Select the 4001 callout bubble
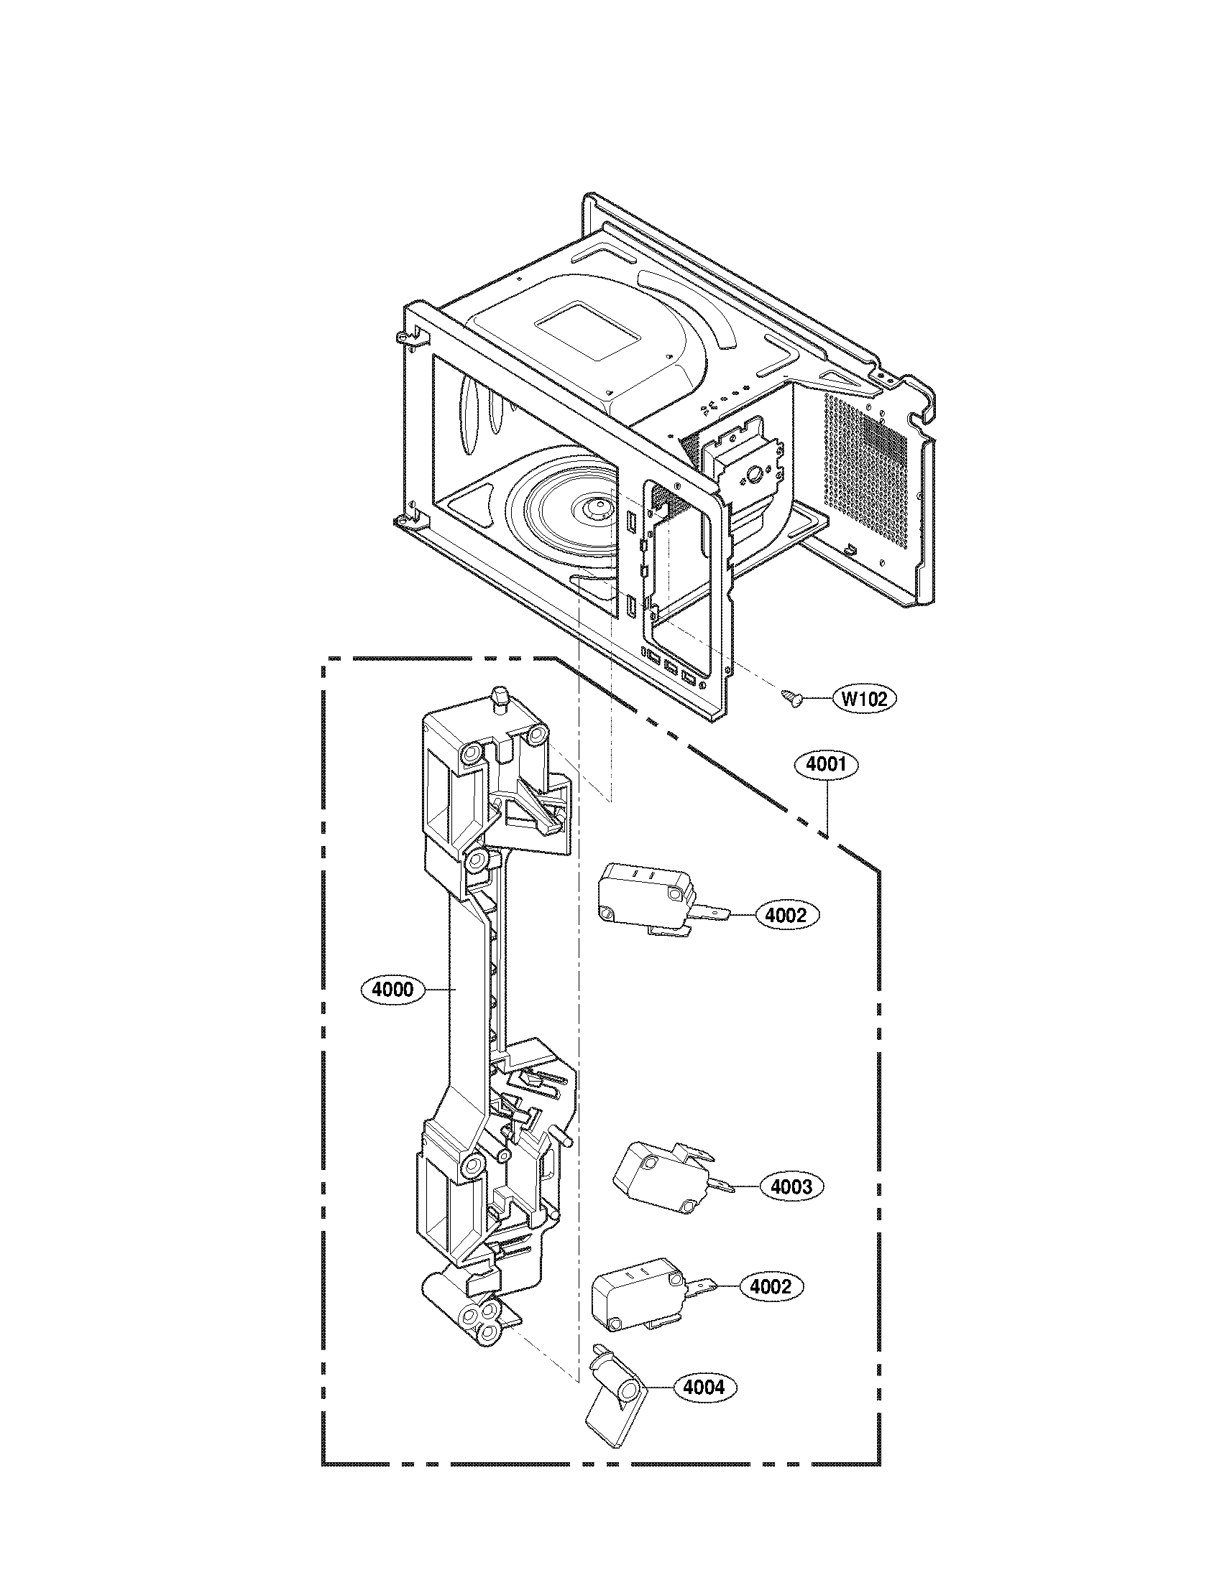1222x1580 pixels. [826, 765]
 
